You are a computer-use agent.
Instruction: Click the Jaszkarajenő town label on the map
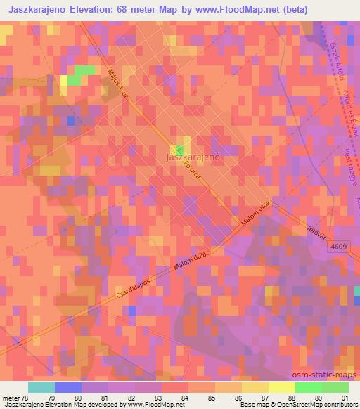(193, 157)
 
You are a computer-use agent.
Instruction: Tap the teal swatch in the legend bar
(41, 387)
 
